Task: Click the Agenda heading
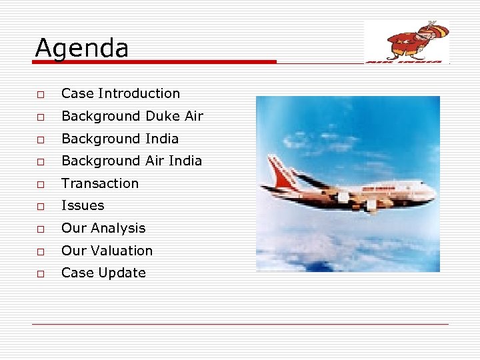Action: (81, 48)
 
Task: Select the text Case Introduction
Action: (121, 94)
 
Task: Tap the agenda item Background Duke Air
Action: (132, 116)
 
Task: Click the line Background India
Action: (120, 139)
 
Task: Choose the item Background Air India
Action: (131, 161)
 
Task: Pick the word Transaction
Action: (100, 183)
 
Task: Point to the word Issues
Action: (83, 205)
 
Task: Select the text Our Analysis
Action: (103, 228)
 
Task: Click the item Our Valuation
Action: (107, 251)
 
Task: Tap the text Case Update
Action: (103, 273)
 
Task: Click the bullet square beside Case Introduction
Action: (41, 95)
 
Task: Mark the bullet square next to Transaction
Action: (41, 184)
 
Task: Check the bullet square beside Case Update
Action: (41, 273)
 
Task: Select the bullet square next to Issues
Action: (41, 206)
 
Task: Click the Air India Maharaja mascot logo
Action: (407, 41)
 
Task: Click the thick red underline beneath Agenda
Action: (154, 62)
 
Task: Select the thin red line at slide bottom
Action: (240, 325)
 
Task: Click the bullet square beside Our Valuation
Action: (41, 251)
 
